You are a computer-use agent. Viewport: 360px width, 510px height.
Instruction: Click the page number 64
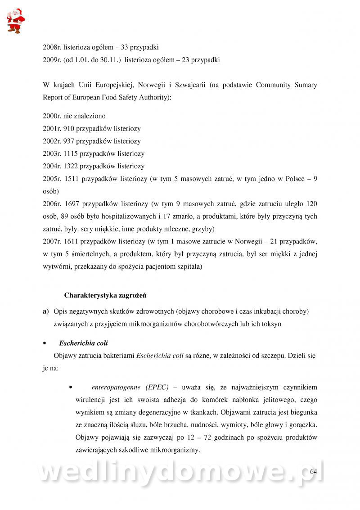pyautogui.click(x=314, y=471)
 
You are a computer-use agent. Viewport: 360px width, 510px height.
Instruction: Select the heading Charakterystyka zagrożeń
pyautogui.click(x=105, y=296)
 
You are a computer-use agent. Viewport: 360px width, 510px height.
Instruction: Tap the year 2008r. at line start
pyautogui.click(x=52, y=47)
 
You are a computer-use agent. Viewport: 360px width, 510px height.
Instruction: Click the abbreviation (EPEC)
pyautogui.click(x=157, y=387)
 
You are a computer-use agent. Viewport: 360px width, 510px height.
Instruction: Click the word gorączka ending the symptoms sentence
pyautogui.click(x=303, y=424)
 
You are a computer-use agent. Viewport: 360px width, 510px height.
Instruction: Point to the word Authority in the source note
pyautogui.click(x=154, y=97)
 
